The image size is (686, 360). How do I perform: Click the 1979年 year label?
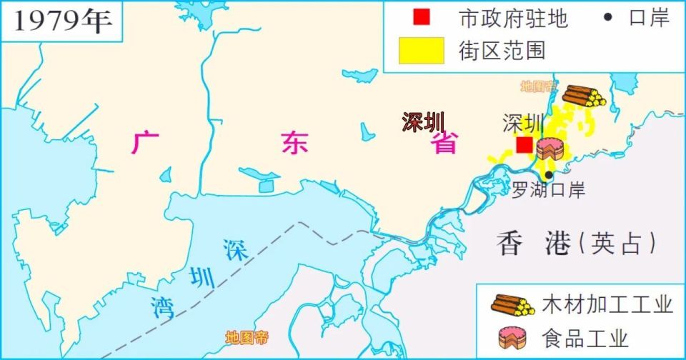click(x=63, y=21)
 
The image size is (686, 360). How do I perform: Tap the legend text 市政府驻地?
click(x=513, y=19)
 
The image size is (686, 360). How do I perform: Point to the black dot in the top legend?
click(x=608, y=18)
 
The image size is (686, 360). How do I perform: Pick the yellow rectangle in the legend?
click(x=423, y=50)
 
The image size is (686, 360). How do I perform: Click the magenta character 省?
click(x=443, y=143)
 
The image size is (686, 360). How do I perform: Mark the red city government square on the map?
click(x=525, y=145)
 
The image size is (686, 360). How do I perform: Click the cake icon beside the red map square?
click(x=550, y=148)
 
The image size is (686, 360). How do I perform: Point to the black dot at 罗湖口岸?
click(x=549, y=174)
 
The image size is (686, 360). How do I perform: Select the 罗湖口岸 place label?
click(x=549, y=191)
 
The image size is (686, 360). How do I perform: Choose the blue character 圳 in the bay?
click(x=201, y=277)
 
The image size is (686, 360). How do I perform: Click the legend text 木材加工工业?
click(x=607, y=305)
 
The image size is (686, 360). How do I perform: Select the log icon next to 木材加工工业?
click(x=512, y=305)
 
